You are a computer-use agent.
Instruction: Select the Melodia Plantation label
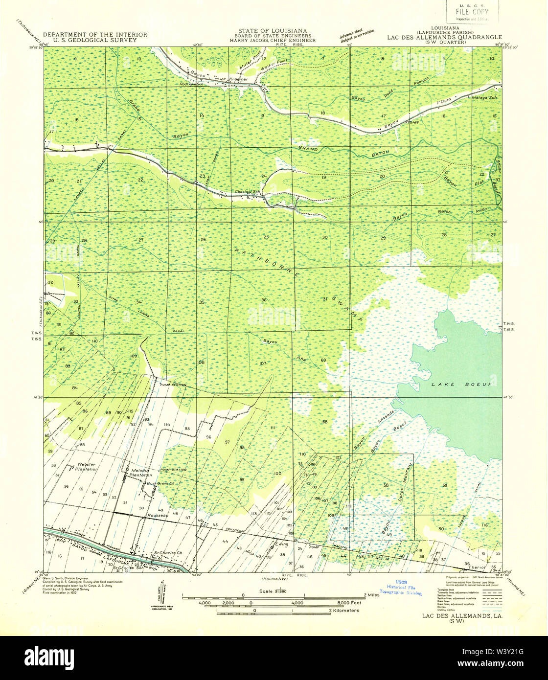(141, 473)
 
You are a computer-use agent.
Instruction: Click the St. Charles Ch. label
(168, 553)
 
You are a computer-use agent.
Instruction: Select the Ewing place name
(282, 544)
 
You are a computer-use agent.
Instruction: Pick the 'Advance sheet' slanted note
(357, 36)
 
